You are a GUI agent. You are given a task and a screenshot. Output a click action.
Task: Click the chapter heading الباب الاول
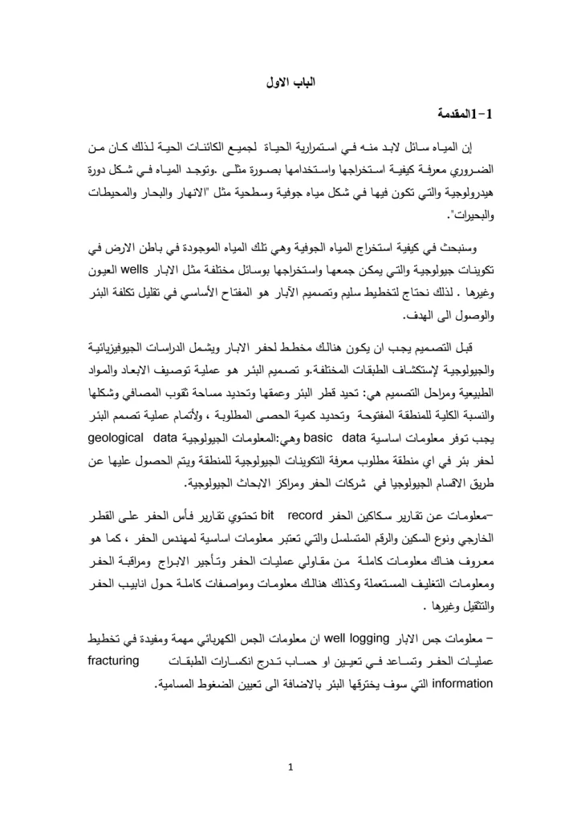pos(290,83)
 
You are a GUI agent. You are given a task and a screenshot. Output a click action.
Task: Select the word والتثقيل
pos(473,582)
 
